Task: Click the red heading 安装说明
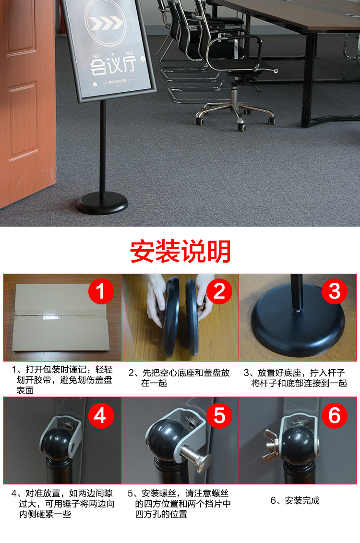(x=180, y=251)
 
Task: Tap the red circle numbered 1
(x=101, y=291)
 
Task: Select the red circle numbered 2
(x=219, y=291)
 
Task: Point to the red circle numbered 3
(x=335, y=291)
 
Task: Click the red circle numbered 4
(x=101, y=416)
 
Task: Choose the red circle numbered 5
(x=219, y=416)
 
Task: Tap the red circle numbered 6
(x=335, y=416)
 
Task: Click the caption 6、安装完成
(x=295, y=500)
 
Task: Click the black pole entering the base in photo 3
(x=297, y=292)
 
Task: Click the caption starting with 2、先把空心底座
(x=180, y=378)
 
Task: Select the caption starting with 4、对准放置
(x=63, y=504)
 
